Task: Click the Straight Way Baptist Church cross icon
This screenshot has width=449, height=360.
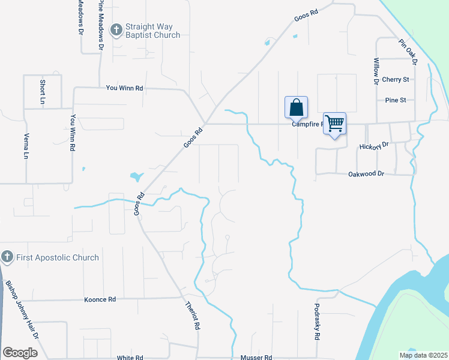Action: tap(117, 29)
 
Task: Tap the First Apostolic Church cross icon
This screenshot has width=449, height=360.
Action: tap(7, 257)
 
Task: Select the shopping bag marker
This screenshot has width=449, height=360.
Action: tap(296, 107)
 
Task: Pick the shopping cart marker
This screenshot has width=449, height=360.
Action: tap(335, 123)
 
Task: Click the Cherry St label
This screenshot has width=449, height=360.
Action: tap(395, 79)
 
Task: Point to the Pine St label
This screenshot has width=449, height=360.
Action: tap(396, 100)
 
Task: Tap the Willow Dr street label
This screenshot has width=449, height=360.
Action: tap(376, 71)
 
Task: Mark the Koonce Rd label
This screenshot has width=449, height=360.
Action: tap(100, 299)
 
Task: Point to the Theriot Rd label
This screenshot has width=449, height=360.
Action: tap(193, 316)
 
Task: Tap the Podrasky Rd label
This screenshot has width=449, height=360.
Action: tap(316, 322)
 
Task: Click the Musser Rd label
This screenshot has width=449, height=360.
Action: tap(256, 358)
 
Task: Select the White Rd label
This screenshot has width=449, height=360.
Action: tap(130, 358)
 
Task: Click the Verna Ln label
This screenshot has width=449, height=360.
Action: tap(26, 146)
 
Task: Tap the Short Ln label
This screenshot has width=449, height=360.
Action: tap(42, 91)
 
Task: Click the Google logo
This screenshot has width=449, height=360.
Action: tap(20, 353)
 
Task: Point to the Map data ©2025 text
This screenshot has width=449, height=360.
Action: tap(423, 355)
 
